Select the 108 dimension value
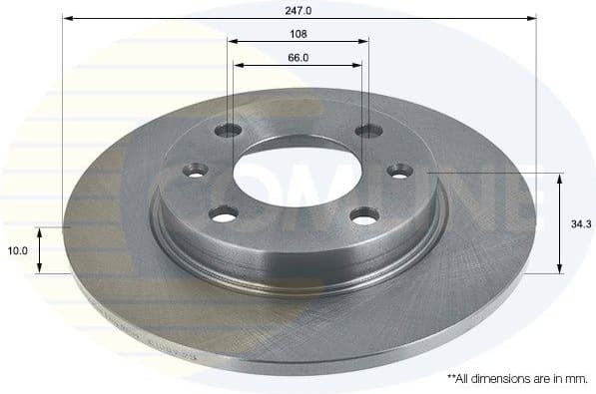click(x=298, y=33)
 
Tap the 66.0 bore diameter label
click(x=298, y=57)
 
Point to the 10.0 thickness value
click(x=17, y=250)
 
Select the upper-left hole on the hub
click(x=231, y=130)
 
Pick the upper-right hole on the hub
click(x=368, y=130)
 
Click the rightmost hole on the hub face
click(x=401, y=173)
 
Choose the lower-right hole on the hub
click(x=365, y=213)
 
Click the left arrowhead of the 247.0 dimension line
click(x=67, y=18)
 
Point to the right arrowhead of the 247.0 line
click(x=532, y=18)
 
